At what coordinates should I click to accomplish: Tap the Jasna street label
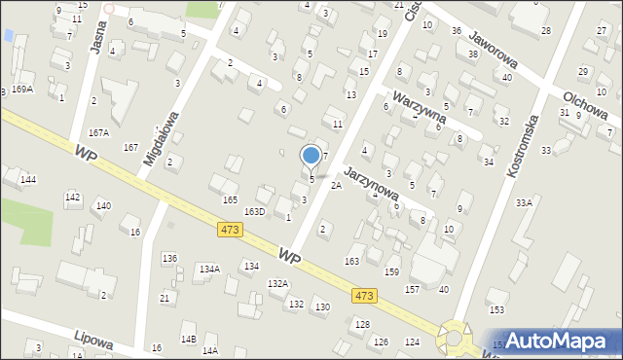click(97, 36)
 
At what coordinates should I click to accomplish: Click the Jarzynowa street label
click(371, 181)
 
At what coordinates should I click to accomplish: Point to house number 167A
click(98, 132)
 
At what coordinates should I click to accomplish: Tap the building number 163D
click(254, 211)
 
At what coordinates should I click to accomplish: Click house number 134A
click(209, 269)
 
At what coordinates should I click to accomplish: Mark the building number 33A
click(524, 202)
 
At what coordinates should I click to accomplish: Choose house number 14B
click(188, 339)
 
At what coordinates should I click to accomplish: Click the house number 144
click(28, 180)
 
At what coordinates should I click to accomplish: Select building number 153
click(496, 309)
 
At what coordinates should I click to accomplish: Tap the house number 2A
click(336, 185)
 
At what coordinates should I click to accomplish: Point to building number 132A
click(278, 283)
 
